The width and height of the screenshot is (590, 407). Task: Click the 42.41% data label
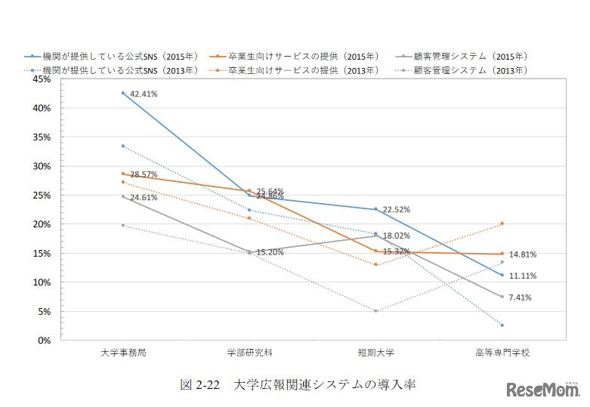click(x=144, y=94)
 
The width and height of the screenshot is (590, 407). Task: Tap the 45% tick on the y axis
click(x=40, y=79)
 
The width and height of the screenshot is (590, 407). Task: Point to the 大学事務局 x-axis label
click(x=122, y=352)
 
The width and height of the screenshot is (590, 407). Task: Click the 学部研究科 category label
click(x=249, y=352)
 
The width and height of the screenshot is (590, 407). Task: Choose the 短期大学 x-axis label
click(x=375, y=352)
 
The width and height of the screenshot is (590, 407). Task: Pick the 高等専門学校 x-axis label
click(x=502, y=352)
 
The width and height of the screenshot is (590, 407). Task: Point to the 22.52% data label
click(x=397, y=210)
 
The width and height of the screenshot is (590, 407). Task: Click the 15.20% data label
click(x=270, y=252)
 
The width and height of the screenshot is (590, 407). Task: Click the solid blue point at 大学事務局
click(x=122, y=93)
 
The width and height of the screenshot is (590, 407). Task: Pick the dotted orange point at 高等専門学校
click(x=502, y=224)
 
